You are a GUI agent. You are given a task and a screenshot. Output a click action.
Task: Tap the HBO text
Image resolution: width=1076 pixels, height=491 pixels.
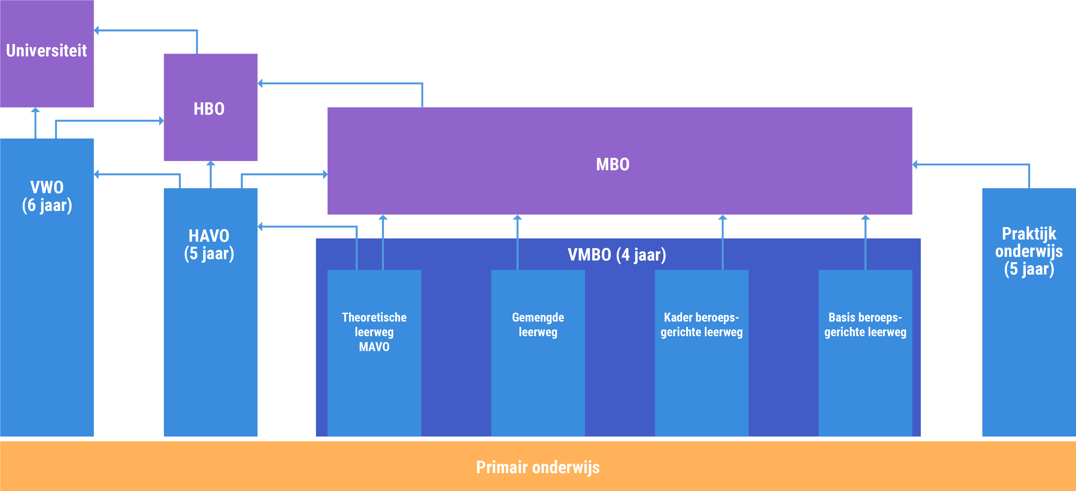[209, 109]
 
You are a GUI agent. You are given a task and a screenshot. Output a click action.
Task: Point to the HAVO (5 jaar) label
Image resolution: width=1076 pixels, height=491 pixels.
[209, 245]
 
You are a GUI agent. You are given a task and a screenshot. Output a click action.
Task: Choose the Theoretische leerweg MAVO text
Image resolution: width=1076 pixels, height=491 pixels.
[374, 332]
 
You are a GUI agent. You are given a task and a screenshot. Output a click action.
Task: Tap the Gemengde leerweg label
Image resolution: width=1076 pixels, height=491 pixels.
[538, 324]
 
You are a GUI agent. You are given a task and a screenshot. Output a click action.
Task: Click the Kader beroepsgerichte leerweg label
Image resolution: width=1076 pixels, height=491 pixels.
[702, 324]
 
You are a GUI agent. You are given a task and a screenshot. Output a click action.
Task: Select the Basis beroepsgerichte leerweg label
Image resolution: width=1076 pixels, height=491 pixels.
[865, 324]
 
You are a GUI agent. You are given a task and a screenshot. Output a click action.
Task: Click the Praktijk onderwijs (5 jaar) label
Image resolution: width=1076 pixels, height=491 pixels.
[1029, 252]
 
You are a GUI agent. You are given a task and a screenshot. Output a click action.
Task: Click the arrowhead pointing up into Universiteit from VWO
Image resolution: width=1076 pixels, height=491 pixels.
[35, 110]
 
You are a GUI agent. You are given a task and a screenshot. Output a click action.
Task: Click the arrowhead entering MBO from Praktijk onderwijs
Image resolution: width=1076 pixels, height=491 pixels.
[915, 165]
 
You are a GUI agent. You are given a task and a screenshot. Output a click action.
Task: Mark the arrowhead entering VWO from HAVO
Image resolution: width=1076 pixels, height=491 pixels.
[97, 174]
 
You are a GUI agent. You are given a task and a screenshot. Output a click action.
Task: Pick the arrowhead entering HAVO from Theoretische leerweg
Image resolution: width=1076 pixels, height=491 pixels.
[260, 227]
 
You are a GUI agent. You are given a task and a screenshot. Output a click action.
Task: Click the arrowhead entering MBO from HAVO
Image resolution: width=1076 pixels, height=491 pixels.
[325, 174]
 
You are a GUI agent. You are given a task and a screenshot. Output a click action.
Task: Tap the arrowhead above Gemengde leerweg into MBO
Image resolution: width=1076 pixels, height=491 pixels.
[518, 217]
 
